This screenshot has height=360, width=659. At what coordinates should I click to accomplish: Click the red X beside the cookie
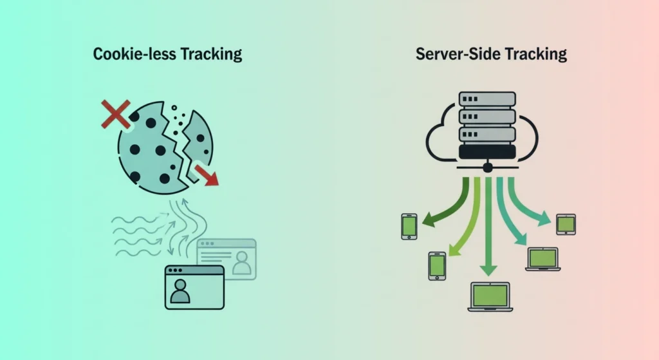click(x=116, y=114)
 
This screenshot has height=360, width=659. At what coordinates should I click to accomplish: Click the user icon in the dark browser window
click(x=181, y=291)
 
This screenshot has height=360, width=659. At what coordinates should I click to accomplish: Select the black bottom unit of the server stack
click(x=487, y=152)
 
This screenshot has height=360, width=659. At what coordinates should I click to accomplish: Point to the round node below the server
click(x=488, y=167)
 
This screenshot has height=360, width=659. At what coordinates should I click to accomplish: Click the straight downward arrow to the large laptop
click(x=488, y=225)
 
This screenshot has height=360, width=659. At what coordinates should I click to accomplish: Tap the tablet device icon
click(x=566, y=224)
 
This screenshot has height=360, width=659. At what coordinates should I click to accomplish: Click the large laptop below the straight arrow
click(x=490, y=297)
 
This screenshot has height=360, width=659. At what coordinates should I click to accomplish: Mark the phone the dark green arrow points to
click(x=409, y=226)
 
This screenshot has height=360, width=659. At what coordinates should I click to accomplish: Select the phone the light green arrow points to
click(x=437, y=265)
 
